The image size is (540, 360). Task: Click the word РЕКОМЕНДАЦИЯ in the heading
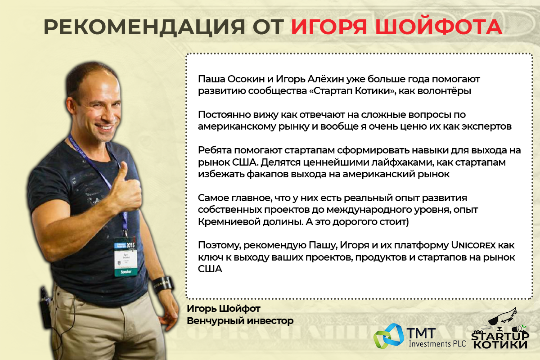click(144, 27)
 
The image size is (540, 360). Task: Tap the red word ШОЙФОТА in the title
click(439, 27)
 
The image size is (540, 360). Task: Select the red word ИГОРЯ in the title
click(329, 27)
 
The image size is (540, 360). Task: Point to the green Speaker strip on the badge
click(126, 272)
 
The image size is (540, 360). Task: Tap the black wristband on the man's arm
click(163, 284)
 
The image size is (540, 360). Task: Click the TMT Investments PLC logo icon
click(388, 336)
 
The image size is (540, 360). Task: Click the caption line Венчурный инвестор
click(240, 321)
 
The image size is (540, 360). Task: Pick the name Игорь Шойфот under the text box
click(224, 309)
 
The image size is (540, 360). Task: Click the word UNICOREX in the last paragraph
click(473, 245)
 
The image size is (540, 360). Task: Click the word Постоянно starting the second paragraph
click(224, 115)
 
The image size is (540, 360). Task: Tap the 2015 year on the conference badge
click(130, 245)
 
